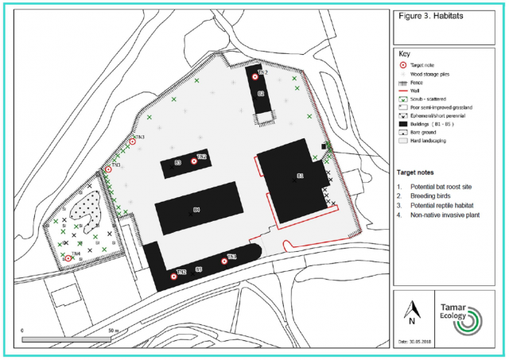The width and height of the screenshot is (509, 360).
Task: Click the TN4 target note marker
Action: coord(69,257)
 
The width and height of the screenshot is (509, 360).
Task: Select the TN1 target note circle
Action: coord(223,261)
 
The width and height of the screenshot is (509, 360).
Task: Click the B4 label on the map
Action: coord(196,210)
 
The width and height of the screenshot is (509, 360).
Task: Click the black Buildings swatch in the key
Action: coord(402,124)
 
